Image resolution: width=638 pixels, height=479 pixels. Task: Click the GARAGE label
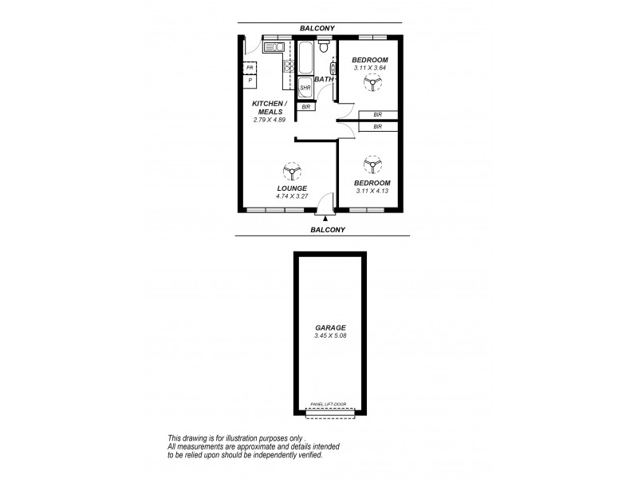point(330,327)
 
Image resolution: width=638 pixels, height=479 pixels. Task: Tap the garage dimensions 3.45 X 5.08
point(330,335)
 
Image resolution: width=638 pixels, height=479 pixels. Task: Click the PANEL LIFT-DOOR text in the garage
point(330,405)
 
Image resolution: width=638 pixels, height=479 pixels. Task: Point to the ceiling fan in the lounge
point(291,171)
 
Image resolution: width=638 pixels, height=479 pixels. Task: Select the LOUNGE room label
point(291,188)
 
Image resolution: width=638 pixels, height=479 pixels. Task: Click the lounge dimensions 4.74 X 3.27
point(291,196)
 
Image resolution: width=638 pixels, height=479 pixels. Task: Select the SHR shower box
point(305,88)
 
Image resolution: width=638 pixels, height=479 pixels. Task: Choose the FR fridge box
point(250,69)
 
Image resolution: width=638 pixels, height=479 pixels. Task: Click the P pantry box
point(250,81)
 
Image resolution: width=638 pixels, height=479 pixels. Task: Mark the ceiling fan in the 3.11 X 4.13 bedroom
point(370,165)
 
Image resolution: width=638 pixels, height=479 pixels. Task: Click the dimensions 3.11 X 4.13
point(370,192)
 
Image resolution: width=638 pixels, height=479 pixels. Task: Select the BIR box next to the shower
point(305,106)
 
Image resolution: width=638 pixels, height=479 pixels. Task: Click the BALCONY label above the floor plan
point(317,29)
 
